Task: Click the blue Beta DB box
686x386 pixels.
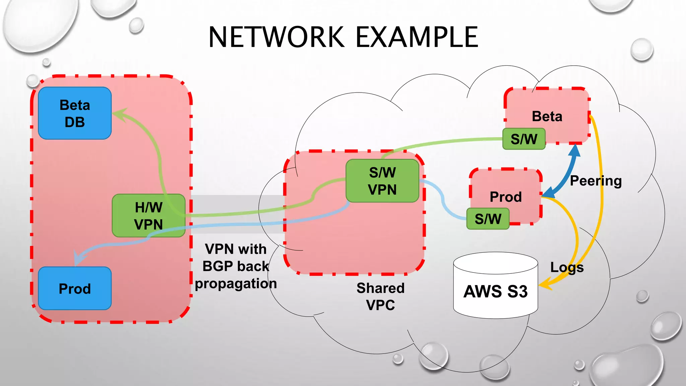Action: (75, 113)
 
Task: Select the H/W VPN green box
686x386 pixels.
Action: (148, 216)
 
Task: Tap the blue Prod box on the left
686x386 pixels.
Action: (75, 288)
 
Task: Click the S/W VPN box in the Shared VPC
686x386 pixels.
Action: (382, 181)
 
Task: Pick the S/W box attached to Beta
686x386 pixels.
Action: (524, 139)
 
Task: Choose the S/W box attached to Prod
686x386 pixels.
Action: (488, 219)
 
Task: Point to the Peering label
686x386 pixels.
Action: (596, 181)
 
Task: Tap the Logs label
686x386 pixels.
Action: (567, 267)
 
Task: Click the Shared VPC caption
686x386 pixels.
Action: (381, 296)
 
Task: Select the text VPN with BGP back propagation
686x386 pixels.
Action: (236, 266)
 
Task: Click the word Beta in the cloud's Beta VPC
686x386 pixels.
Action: (547, 116)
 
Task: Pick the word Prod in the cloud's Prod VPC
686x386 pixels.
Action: (505, 197)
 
